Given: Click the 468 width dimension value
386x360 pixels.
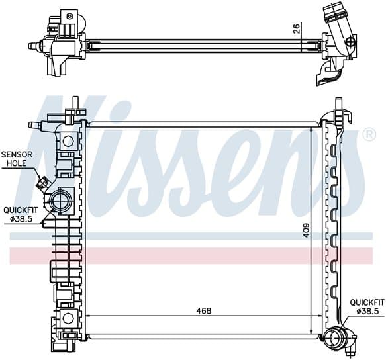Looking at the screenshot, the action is [203, 311].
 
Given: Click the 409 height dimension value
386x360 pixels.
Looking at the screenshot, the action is [306, 230].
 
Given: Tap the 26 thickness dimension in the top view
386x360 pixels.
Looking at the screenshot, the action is [297, 28].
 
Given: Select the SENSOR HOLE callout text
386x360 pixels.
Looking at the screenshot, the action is [17, 159].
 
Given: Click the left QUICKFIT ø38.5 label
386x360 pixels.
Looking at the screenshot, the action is [21, 214].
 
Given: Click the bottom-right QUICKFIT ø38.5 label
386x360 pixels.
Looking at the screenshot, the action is [367, 306].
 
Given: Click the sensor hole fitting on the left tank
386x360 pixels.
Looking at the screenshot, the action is [42, 183].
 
